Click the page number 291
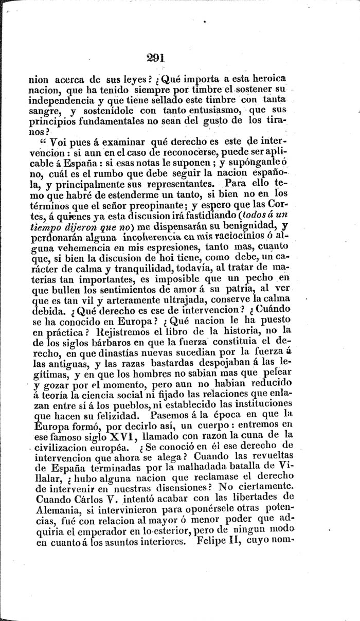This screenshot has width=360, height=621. click(x=155, y=58)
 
